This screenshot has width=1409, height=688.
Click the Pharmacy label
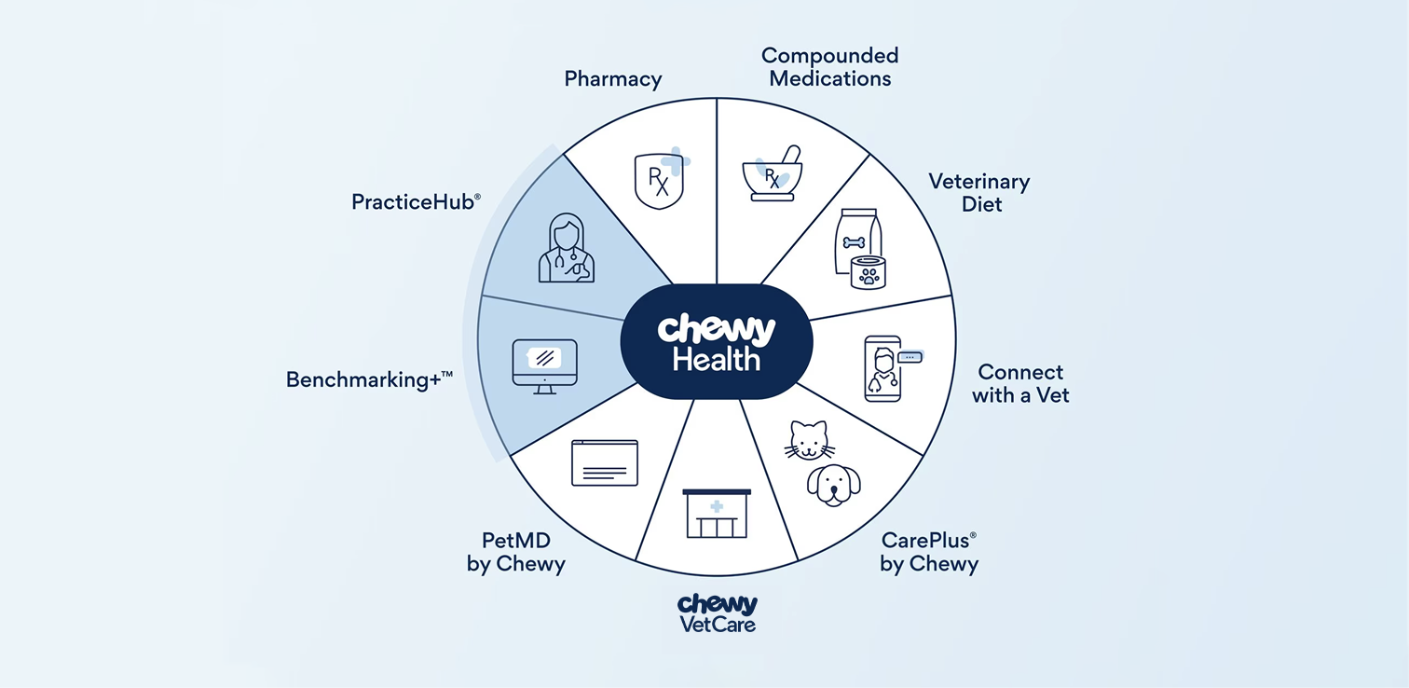coord(613,79)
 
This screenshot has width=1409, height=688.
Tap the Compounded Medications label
coord(829,67)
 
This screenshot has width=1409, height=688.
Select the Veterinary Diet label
coord(979,192)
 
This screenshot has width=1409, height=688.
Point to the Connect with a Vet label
coord(1020,383)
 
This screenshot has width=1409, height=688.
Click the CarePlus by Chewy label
coord(929,552)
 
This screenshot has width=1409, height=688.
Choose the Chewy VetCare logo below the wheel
coord(717,612)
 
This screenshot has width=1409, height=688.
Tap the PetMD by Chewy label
coord(516,552)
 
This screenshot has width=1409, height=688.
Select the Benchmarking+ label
coord(369,379)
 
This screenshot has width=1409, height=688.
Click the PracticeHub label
coord(416,201)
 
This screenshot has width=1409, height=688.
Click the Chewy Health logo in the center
coord(716,342)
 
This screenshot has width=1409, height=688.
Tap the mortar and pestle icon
coord(770,173)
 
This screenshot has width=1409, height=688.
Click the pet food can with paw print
coord(869,271)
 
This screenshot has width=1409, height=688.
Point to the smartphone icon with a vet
coord(883,369)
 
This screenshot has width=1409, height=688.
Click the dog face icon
coord(833,485)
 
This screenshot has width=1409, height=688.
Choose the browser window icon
coord(605,463)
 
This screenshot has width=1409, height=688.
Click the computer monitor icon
coord(545,365)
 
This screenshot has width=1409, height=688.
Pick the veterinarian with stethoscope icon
coord(566,249)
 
